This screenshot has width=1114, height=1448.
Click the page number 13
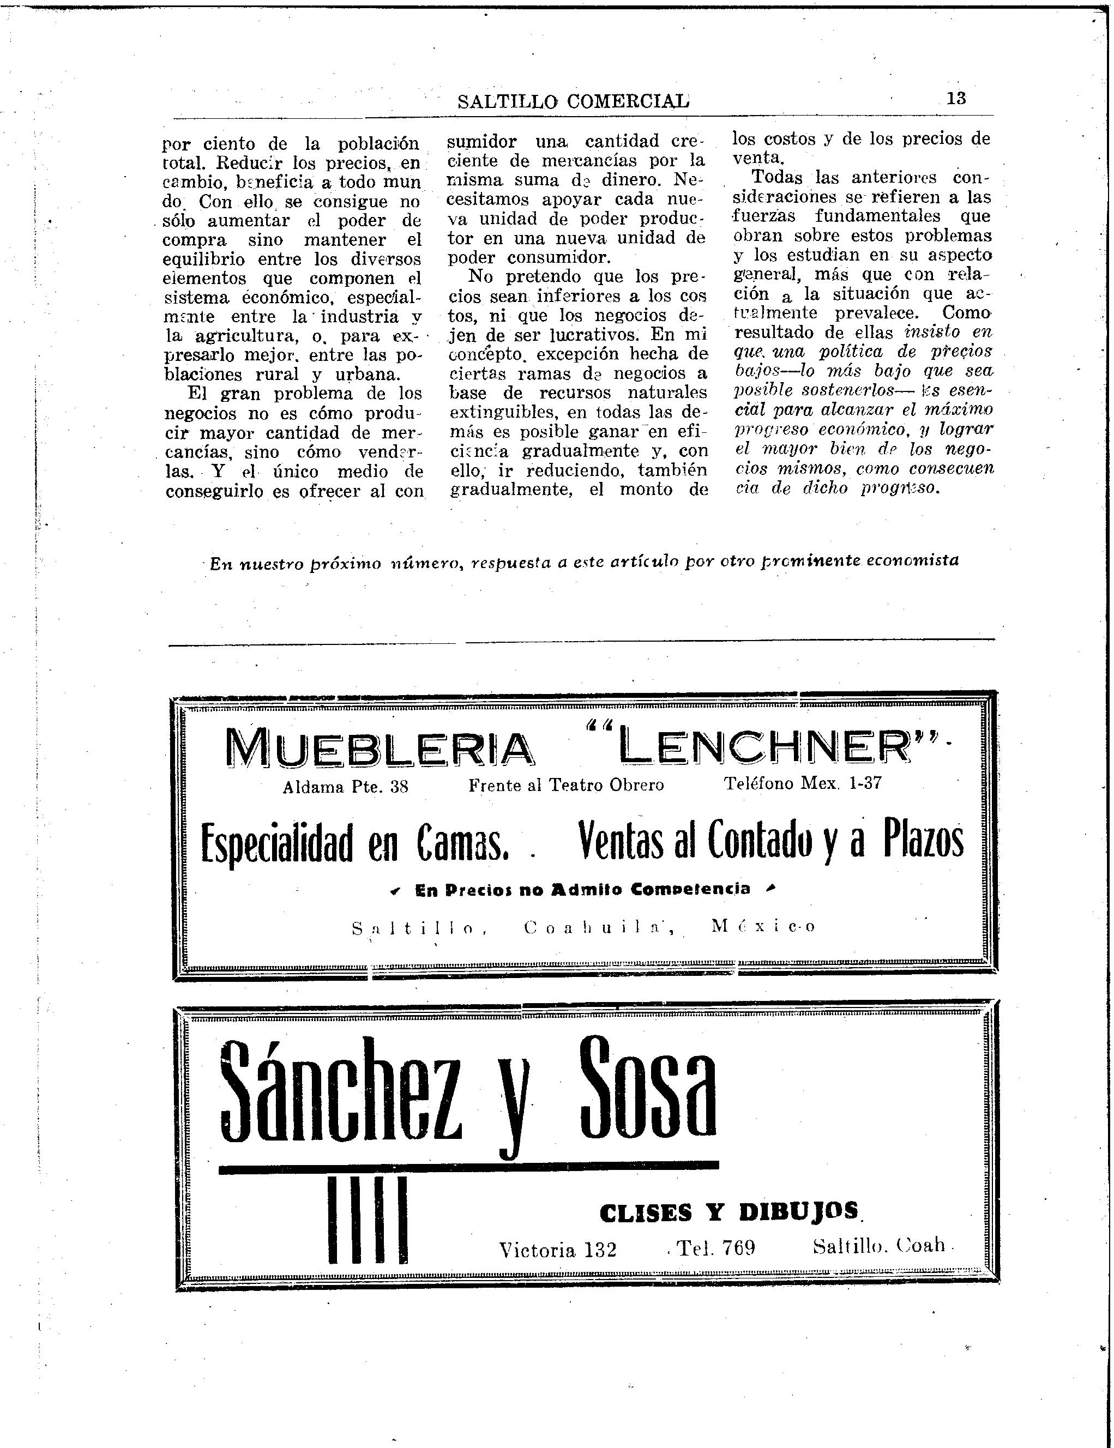(x=956, y=98)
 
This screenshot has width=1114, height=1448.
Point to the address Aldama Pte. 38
(x=346, y=787)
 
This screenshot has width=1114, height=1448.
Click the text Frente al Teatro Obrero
(x=567, y=786)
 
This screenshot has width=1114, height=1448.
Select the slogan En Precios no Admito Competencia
(x=583, y=890)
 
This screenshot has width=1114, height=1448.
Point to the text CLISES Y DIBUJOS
(x=730, y=1212)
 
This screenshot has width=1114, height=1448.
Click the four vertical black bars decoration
(x=368, y=1221)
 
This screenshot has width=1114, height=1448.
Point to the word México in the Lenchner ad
(x=762, y=926)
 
